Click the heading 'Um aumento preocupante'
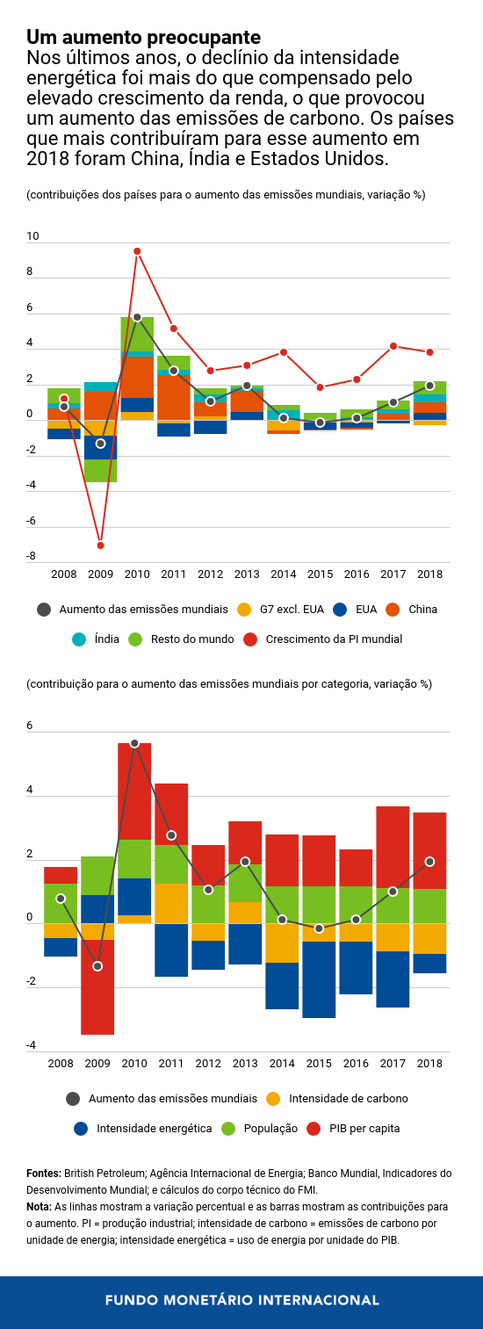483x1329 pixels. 143,38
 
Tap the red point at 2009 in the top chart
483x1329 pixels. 100,545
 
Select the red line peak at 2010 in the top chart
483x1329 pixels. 137,251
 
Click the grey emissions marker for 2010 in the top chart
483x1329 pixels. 137,317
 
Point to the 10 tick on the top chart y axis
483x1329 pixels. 32,236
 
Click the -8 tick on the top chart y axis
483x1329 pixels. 31,556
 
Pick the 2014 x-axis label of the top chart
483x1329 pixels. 283,574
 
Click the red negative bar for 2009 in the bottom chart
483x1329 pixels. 97,987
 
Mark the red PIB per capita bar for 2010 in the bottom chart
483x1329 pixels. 134,791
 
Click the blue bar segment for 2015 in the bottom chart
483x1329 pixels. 320,979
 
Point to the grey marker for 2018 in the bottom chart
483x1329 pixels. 429,862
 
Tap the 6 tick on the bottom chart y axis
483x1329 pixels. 30,726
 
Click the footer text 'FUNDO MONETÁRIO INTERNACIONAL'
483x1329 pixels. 241,1300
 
